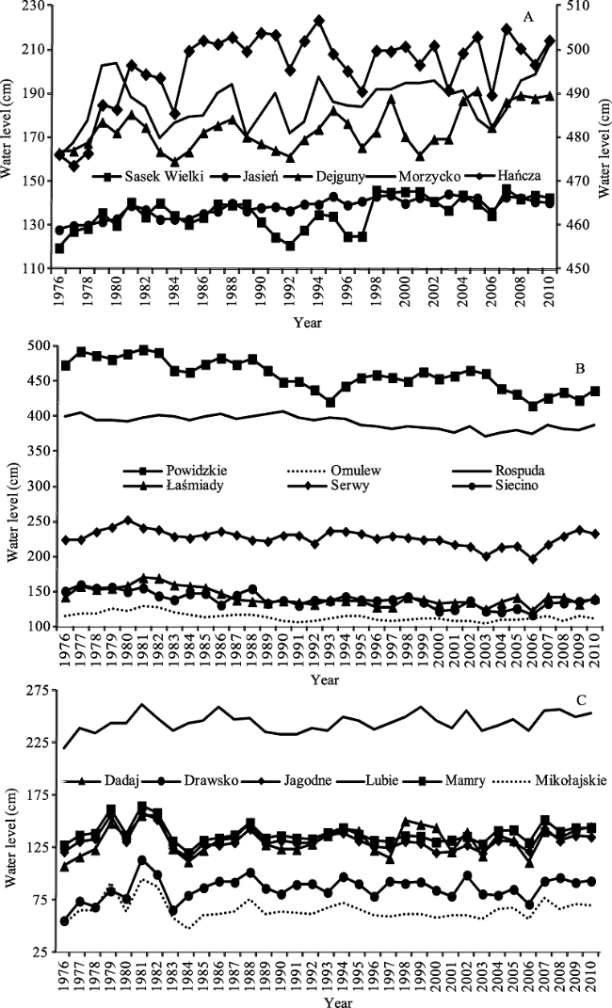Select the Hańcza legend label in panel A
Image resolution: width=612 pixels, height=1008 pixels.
click(x=524, y=176)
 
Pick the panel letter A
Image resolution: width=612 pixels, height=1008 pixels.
click(x=528, y=17)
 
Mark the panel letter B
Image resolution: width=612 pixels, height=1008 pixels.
click(x=580, y=369)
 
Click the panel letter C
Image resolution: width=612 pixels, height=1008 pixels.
click(x=580, y=699)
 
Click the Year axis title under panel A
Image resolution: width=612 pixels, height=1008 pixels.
click(x=307, y=322)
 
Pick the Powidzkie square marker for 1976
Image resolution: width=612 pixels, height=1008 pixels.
click(x=66, y=365)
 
